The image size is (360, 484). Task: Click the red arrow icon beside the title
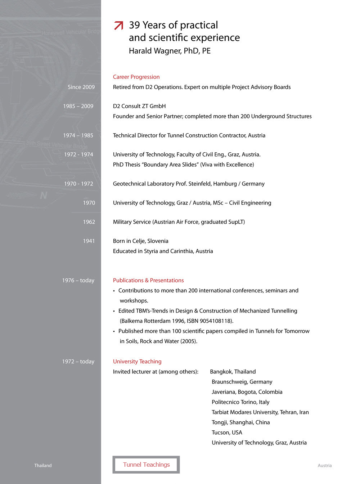click(118, 26)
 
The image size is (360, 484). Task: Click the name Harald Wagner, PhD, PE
click(170, 51)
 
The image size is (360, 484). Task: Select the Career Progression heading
click(136, 77)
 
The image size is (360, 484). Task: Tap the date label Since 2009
click(81, 87)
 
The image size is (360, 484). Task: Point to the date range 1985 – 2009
click(78, 106)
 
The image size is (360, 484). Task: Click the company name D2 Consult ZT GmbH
click(139, 106)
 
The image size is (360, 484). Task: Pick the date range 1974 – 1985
click(78, 135)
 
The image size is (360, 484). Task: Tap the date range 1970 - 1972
click(78, 184)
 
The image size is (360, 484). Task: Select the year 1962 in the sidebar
click(89, 222)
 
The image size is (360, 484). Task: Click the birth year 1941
click(89, 241)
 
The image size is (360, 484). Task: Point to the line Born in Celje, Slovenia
click(140, 241)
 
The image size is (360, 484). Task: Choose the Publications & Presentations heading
click(148, 280)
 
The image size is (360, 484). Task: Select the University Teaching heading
click(137, 362)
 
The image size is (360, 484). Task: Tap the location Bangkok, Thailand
click(233, 372)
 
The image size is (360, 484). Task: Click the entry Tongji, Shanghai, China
click(240, 422)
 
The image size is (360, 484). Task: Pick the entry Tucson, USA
click(227, 433)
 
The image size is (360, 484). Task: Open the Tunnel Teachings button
click(146, 465)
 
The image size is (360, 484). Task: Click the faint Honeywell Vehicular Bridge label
click(71, 32)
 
